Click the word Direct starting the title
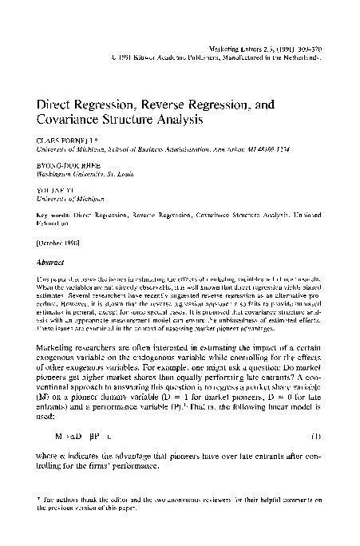tap(53, 105)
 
